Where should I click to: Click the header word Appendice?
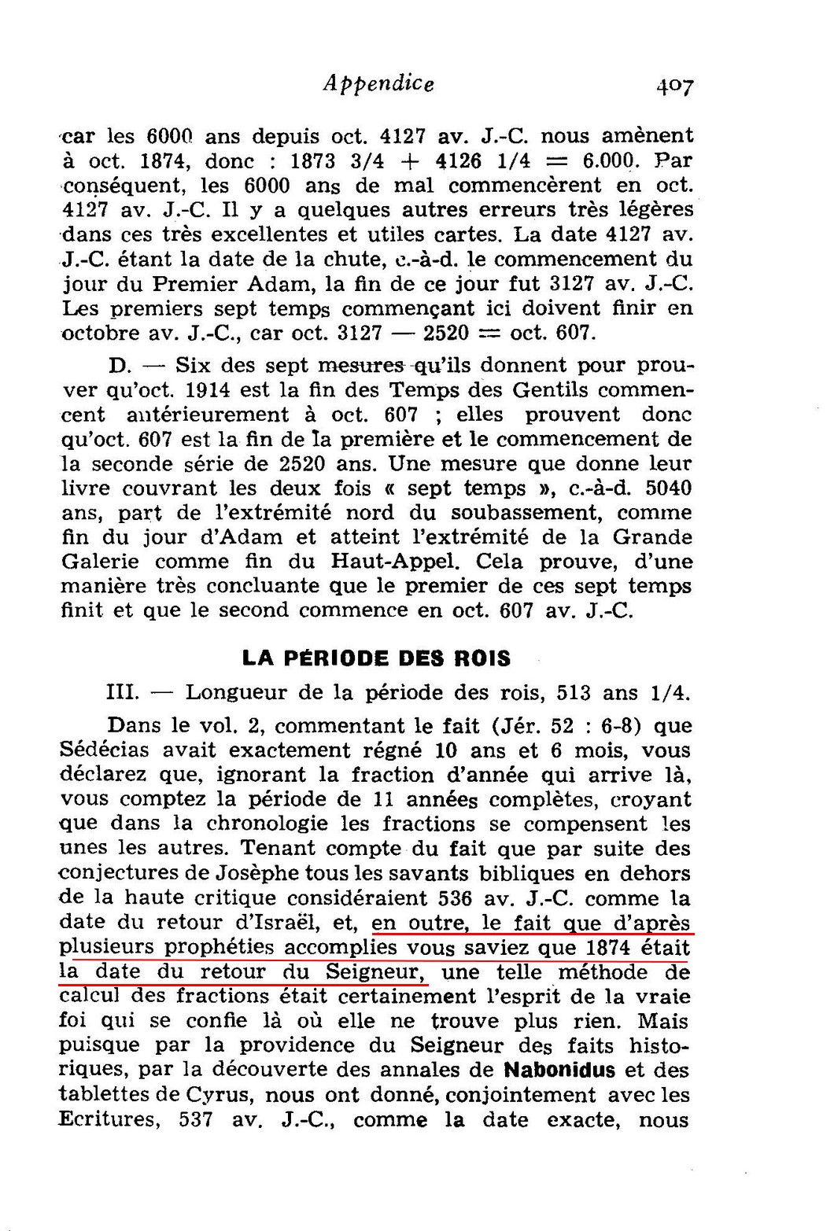(378, 83)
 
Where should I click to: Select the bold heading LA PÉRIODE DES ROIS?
(376, 658)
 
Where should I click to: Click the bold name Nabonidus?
(563, 1070)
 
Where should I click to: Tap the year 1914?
(238, 389)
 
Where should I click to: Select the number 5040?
(667, 488)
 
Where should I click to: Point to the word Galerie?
(100, 562)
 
